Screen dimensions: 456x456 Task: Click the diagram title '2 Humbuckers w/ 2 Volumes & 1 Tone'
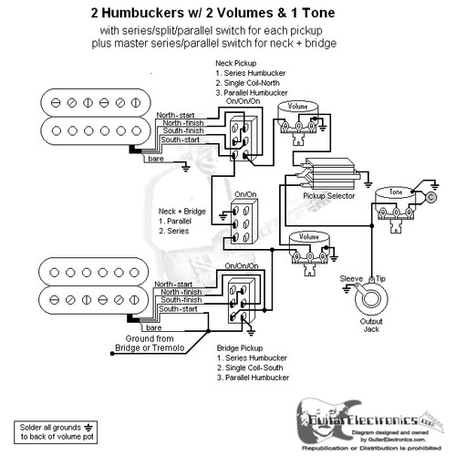[227, 14]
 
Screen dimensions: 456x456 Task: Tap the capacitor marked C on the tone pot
[430, 197]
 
